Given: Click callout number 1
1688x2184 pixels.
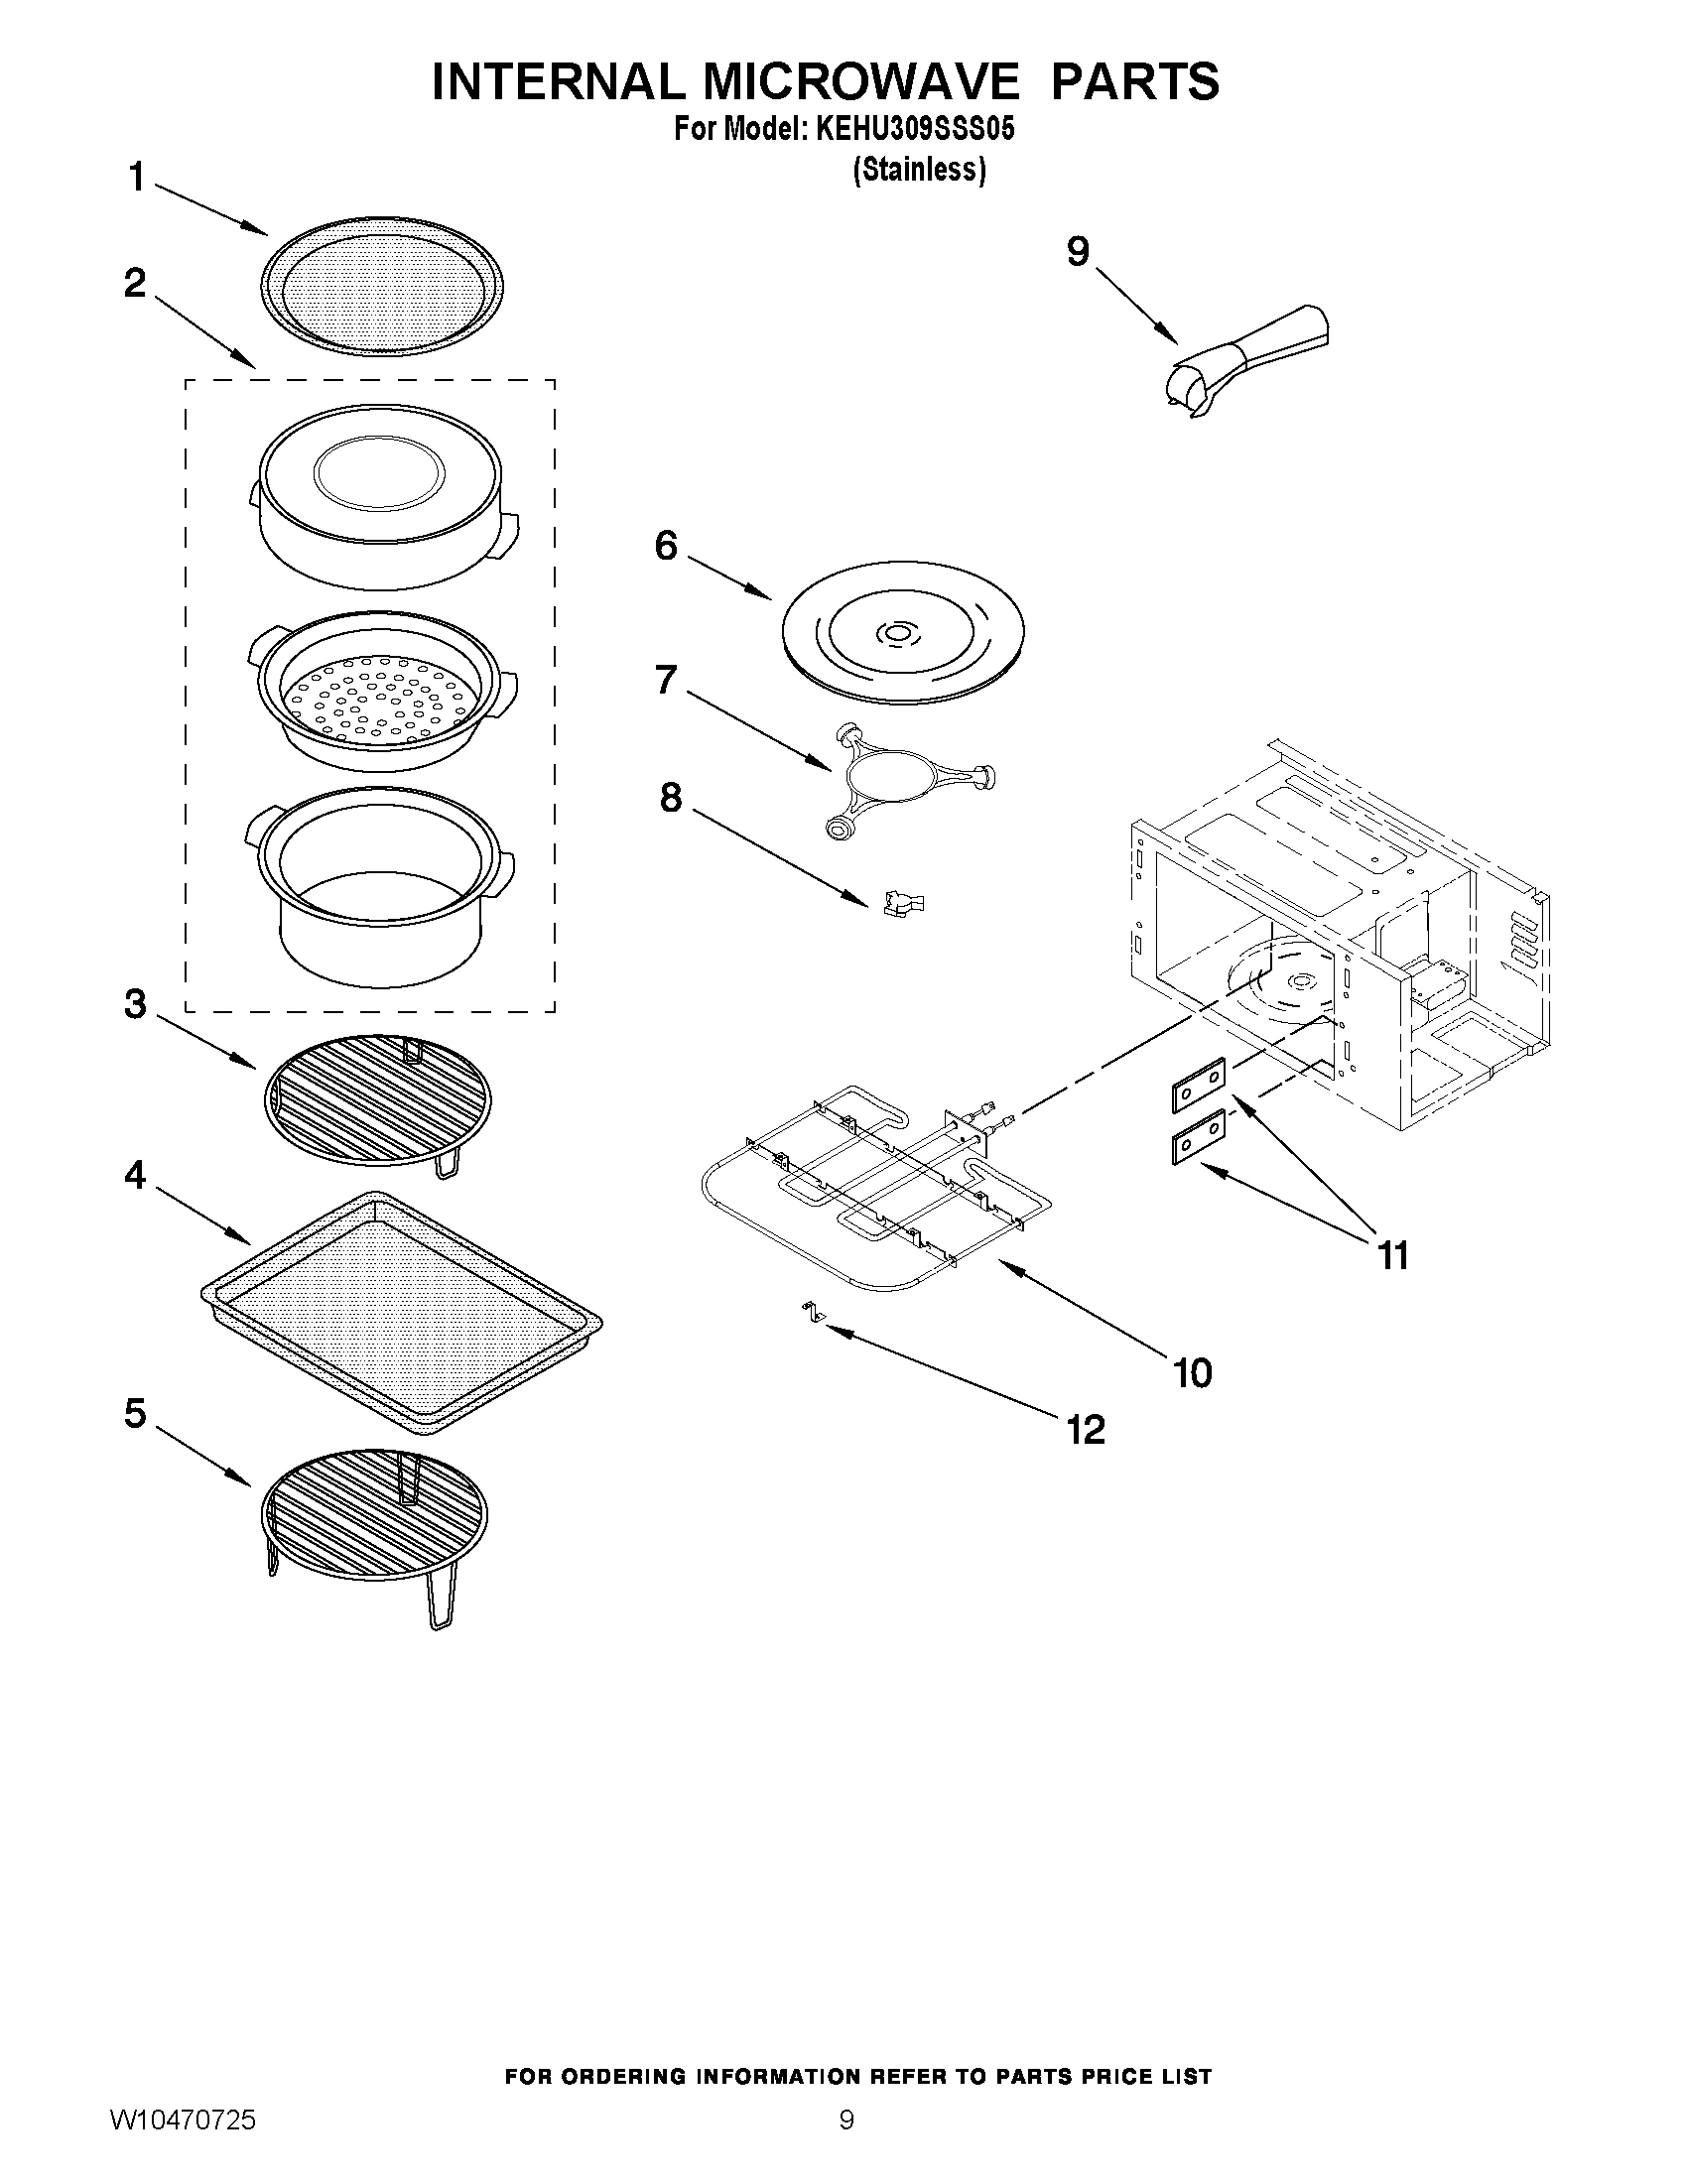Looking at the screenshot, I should [x=136, y=179].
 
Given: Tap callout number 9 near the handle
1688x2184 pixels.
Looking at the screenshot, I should [x=1077, y=252].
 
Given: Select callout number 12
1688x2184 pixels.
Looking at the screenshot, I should [x=1085, y=1429].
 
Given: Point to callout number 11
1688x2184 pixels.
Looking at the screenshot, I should [x=1393, y=1254].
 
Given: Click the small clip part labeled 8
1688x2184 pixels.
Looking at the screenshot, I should [x=903, y=904].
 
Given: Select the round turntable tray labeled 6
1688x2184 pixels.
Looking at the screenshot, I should [x=902, y=634].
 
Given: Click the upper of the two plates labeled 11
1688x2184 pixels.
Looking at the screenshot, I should [x=1198, y=1084].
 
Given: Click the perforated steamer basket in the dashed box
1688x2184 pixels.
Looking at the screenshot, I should [x=382, y=690].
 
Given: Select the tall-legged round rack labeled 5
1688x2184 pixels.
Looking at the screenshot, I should [x=375, y=1518].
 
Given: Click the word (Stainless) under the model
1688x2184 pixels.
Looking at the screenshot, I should [x=919, y=171].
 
